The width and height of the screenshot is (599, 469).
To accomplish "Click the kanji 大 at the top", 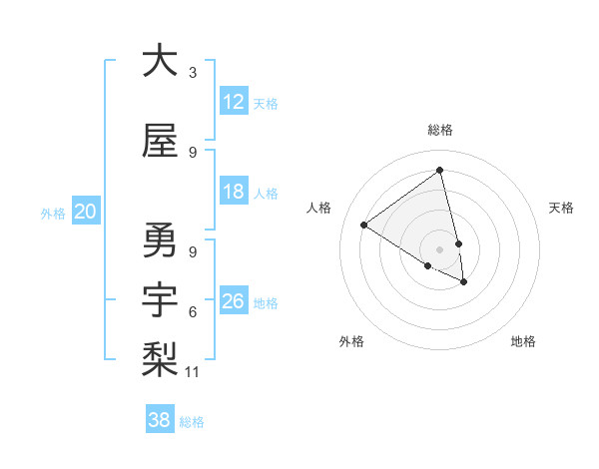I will (160, 61).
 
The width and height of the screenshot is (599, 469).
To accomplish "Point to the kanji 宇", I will (160, 300).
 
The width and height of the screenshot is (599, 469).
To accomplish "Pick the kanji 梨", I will (160, 358).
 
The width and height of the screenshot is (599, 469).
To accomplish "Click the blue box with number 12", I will (233, 102).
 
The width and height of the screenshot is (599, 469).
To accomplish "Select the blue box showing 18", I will (233, 192).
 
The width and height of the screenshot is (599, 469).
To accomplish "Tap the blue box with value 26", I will (233, 301).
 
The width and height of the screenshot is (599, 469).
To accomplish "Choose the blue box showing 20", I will (86, 212).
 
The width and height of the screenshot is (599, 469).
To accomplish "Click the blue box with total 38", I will (159, 420).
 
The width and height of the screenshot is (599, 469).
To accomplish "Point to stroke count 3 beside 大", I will (193, 73).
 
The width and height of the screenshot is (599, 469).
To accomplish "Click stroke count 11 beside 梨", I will (193, 372).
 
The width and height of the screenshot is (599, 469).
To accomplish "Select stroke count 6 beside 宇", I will (193, 312).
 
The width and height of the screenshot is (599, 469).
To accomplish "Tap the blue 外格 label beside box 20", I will (52, 213).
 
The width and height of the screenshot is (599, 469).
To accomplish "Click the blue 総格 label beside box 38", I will (192, 422).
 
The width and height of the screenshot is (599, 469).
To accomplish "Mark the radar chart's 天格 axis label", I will (561, 208).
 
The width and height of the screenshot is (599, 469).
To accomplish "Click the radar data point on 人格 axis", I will (364, 226).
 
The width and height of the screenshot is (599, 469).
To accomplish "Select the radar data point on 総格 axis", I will (439, 171).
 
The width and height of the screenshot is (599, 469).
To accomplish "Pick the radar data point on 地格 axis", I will (464, 282).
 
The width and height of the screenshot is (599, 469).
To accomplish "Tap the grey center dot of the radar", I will (439, 248).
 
